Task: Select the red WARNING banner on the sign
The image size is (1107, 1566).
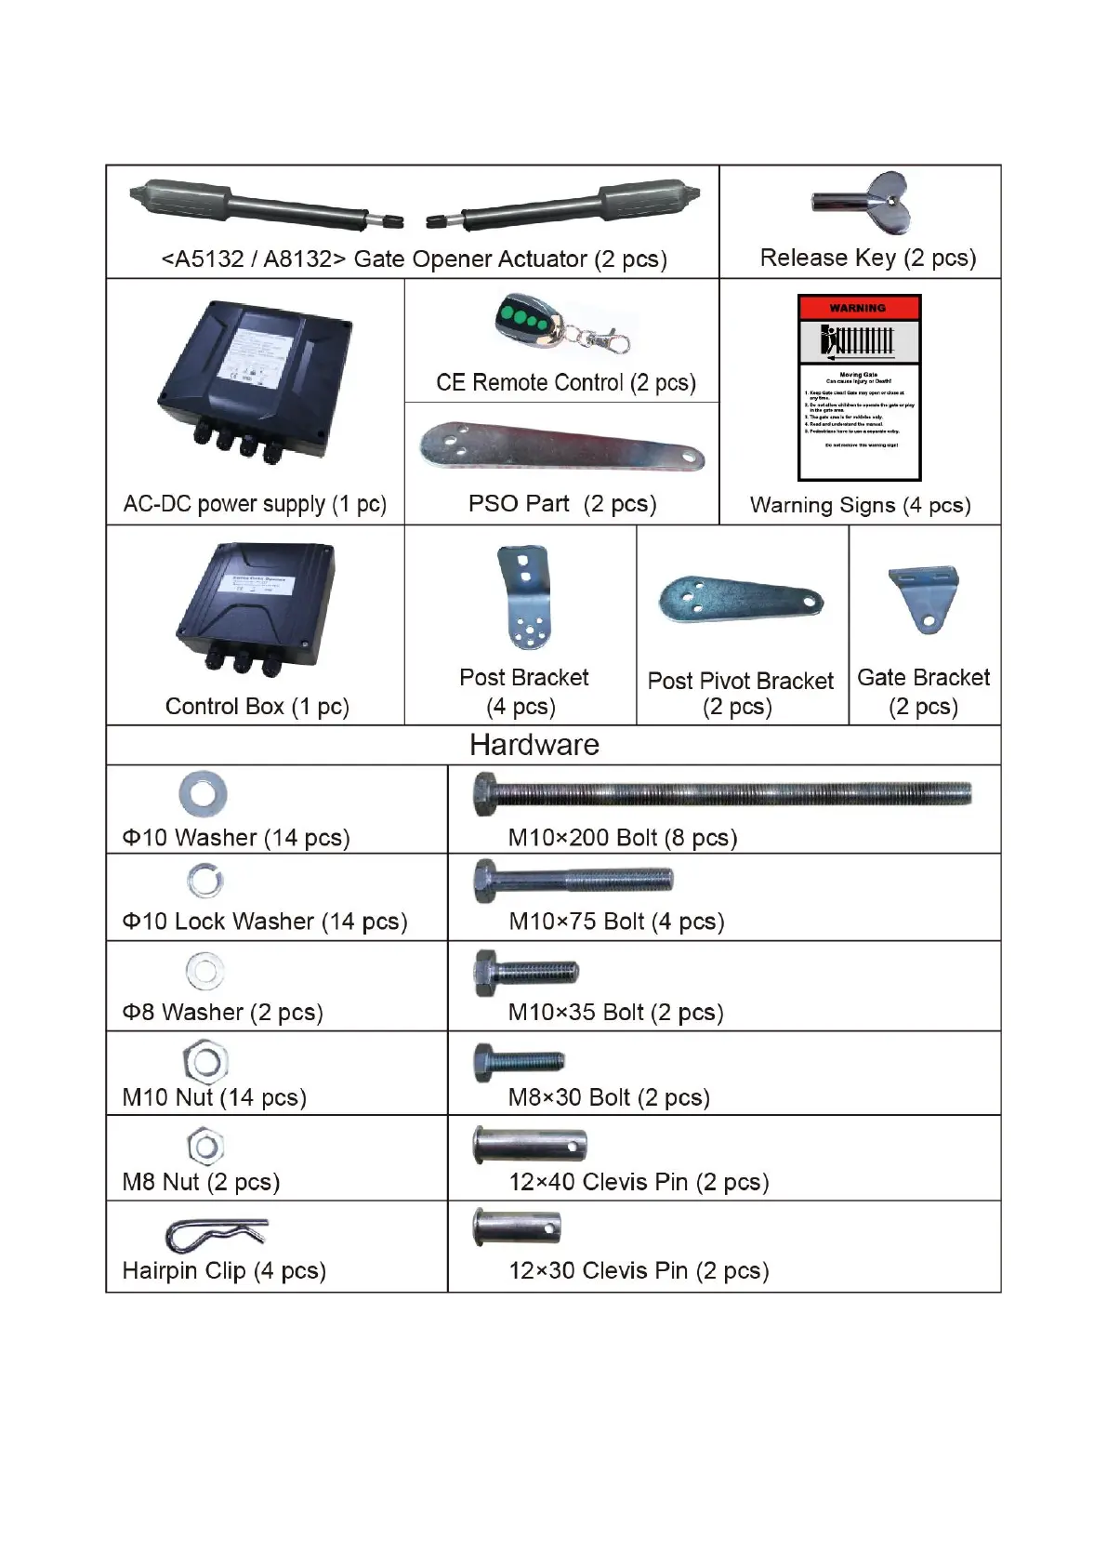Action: click(x=859, y=308)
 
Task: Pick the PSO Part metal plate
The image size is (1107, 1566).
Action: click(x=561, y=447)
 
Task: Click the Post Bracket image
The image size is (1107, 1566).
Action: click(x=525, y=597)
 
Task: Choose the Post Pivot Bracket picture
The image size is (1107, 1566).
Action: click(x=740, y=600)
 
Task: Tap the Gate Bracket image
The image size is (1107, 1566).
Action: click(x=924, y=598)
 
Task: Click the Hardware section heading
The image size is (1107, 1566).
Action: click(x=534, y=745)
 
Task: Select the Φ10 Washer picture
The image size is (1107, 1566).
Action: click(x=203, y=793)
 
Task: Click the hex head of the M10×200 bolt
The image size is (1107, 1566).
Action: click(x=484, y=793)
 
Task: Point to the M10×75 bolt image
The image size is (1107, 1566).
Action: click(x=573, y=879)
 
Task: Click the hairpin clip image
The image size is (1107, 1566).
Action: click(x=216, y=1235)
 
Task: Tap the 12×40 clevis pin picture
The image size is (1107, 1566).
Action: click(x=530, y=1145)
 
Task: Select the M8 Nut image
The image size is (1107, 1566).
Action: click(x=205, y=1147)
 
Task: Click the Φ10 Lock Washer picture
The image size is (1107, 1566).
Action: click(x=204, y=880)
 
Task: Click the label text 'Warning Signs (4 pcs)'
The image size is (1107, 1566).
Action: click(x=860, y=505)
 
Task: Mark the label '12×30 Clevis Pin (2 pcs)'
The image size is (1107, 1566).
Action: click(x=639, y=1270)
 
